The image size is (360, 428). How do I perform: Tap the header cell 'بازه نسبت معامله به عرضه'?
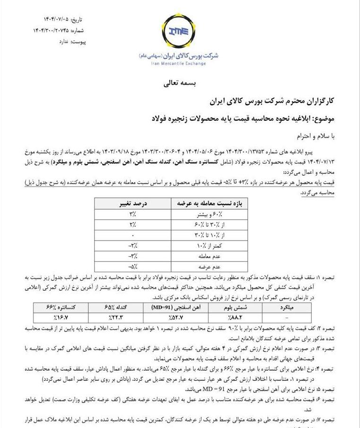(216, 204)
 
